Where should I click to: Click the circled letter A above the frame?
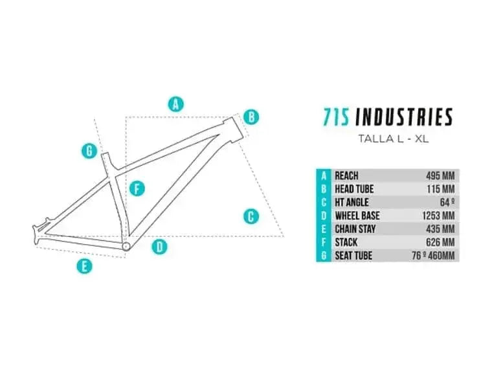point(175,104)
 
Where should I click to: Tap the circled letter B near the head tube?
point(251,117)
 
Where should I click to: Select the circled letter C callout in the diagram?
point(251,216)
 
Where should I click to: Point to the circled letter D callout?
point(160,246)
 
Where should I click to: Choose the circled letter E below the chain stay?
point(84,267)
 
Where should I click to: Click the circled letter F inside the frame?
point(137,188)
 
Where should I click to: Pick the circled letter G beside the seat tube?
point(89,151)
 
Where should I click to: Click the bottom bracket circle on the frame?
point(126,246)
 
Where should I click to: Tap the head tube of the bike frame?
point(234,128)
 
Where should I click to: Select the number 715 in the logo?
point(337,117)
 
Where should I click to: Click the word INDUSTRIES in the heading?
point(404,117)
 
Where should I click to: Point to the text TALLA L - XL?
point(393,139)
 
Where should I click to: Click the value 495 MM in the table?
point(440,175)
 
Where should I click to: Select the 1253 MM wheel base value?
point(438,216)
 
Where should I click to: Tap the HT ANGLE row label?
point(352,203)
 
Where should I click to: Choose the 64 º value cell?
point(447,203)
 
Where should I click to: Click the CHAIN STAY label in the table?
point(355,229)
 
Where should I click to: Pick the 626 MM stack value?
point(440,242)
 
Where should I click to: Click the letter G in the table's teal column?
point(324,256)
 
